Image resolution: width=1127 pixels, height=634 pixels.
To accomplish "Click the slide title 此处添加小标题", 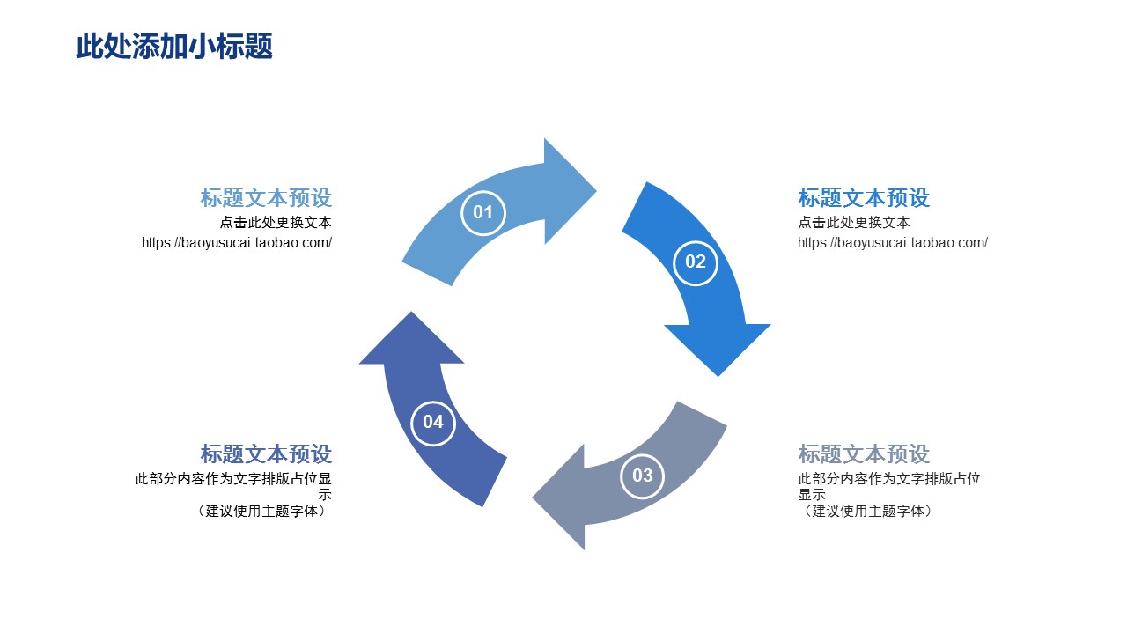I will coord(174,47).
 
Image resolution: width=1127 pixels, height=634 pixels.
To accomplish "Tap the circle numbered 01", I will coord(482,212).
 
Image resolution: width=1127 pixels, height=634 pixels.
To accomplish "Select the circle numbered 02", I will coord(696,262).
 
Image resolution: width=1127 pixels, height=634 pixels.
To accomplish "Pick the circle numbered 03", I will coord(643,475).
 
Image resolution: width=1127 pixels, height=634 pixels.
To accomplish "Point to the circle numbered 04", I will coord(433,422).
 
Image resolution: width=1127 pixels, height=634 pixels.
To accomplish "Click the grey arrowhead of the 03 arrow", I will coord(560,498).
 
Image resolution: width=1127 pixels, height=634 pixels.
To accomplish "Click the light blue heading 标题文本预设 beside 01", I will coord(266,197).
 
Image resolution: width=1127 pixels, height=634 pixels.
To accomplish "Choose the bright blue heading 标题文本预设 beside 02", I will coord(864,197).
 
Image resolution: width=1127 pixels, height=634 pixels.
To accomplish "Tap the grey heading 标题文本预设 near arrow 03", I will coord(864,454).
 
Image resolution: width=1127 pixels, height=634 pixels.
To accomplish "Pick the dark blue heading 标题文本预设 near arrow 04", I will coord(266,454).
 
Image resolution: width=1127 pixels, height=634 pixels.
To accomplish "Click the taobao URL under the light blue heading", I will coord(237,242).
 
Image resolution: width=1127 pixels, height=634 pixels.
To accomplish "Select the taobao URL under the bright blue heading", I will coord(893,242).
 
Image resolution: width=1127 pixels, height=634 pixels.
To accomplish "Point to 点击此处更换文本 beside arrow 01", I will coord(276,222).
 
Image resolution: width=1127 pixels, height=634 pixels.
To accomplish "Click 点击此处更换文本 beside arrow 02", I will coord(854,222).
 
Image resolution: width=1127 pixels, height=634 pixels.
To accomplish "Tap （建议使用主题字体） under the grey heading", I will coord(866,511).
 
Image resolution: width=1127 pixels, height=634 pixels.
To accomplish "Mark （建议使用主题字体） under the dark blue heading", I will coord(261,511).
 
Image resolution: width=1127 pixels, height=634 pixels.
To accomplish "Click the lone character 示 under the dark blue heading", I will coord(325,495).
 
